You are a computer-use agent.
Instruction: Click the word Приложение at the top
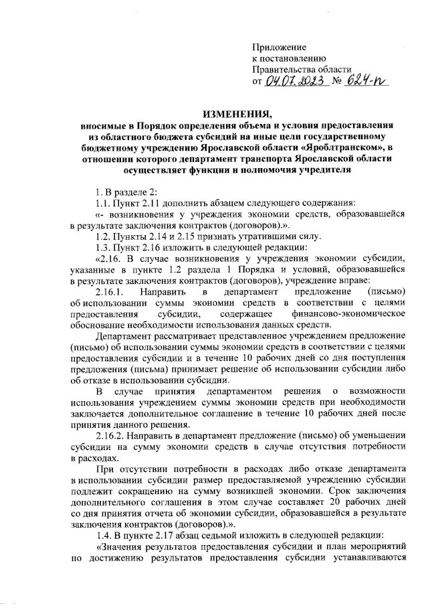279,48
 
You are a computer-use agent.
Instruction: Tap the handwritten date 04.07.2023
295,81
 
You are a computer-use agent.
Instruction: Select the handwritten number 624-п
367,81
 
